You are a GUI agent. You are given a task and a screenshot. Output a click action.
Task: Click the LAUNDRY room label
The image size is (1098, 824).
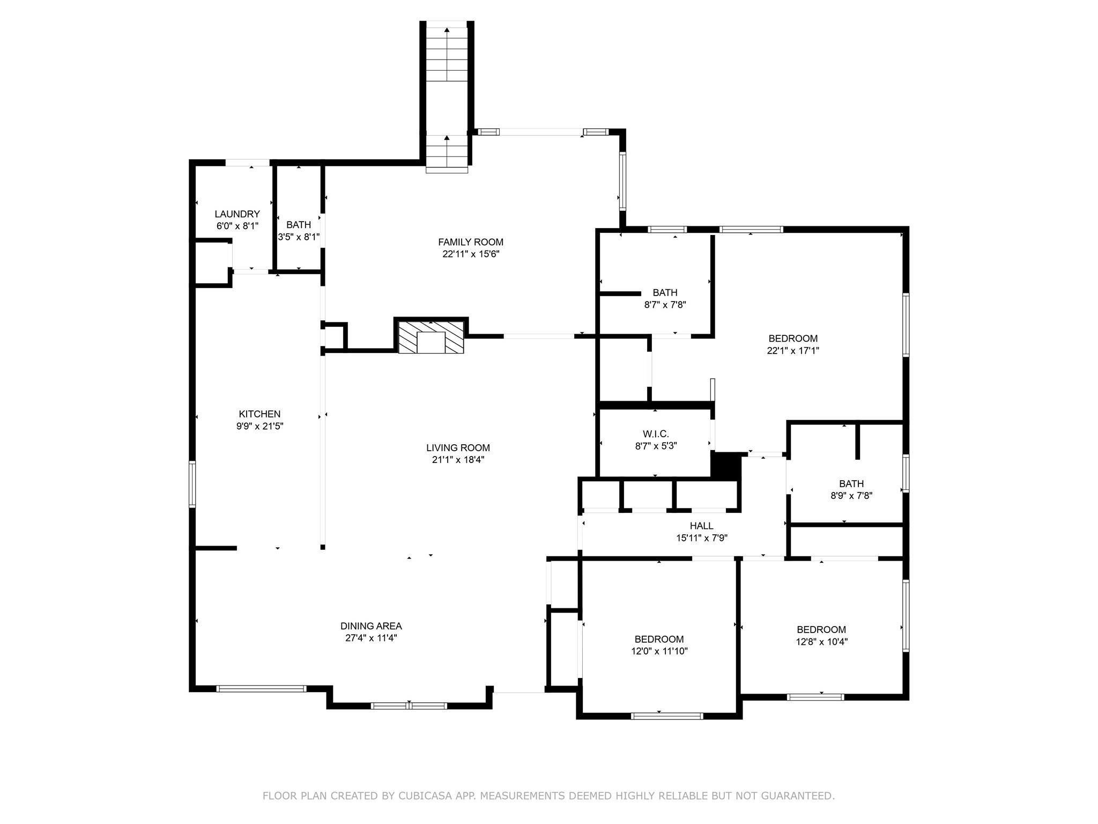tap(237, 214)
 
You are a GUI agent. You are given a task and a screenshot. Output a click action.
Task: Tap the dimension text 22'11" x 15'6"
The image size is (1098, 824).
tap(471, 254)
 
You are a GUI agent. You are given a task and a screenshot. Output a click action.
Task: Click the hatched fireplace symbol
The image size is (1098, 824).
tap(431, 337)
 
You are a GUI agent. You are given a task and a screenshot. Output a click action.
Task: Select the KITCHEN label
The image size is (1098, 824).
tap(259, 414)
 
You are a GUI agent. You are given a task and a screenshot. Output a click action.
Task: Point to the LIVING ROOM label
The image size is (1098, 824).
tap(458, 447)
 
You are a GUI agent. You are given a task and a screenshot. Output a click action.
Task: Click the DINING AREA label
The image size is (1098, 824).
tap(371, 626)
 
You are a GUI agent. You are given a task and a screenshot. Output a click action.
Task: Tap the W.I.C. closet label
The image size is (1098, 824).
tap(656, 434)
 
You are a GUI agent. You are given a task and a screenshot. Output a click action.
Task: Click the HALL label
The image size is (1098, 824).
tap(701, 526)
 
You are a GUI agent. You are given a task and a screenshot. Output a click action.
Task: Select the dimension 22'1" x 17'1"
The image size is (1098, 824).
tap(793, 351)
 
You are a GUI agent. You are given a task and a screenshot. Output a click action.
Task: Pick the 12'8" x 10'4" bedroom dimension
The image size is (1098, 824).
tap(821, 642)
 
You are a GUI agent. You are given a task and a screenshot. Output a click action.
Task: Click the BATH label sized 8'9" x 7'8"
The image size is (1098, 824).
tap(851, 484)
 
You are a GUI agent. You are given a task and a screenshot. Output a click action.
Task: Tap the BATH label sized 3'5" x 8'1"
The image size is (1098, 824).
tap(298, 225)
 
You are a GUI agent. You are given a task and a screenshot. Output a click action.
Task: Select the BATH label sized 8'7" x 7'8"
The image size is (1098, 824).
tap(665, 293)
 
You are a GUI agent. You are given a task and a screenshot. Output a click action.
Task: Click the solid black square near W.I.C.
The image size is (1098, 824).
tap(725, 465)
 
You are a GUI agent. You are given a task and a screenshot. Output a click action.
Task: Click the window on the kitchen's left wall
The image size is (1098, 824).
tap(192, 484)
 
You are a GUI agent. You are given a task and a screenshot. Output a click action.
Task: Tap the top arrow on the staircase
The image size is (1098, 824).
tap(447, 31)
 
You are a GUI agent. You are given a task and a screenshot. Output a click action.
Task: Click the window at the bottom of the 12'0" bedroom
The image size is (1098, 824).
tap(667, 716)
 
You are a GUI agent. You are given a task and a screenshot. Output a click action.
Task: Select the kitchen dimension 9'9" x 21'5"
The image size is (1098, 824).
tap(259, 426)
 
